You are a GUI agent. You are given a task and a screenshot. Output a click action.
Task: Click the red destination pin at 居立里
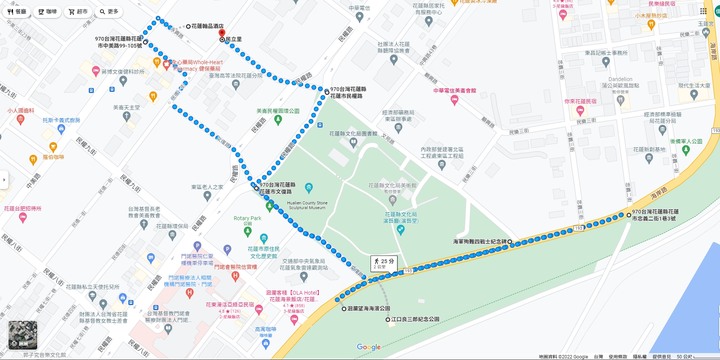click(x=221, y=38)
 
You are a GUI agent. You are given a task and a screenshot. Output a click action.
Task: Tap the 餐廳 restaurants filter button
click(x=19, y=12)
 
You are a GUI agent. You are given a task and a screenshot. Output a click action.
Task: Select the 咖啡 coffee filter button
click(x=47, y=12)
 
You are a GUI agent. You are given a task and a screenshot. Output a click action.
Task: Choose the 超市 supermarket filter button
click(x=78, y=12)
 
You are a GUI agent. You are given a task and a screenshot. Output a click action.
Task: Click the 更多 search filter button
click(x=109, y=12)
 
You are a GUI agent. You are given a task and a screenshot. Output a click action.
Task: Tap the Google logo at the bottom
click(x=368, y=347)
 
